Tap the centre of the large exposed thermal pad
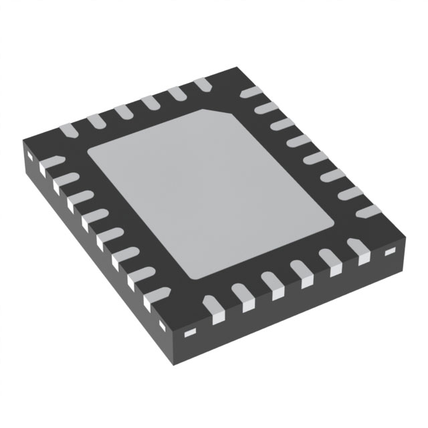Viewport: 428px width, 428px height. click(211, 194)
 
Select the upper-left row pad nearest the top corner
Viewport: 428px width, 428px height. click(203, 84)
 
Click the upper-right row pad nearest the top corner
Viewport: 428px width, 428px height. click(250, 92)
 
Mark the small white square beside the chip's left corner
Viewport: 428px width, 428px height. click(31, 156)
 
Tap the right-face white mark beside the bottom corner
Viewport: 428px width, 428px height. click(190, 332)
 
